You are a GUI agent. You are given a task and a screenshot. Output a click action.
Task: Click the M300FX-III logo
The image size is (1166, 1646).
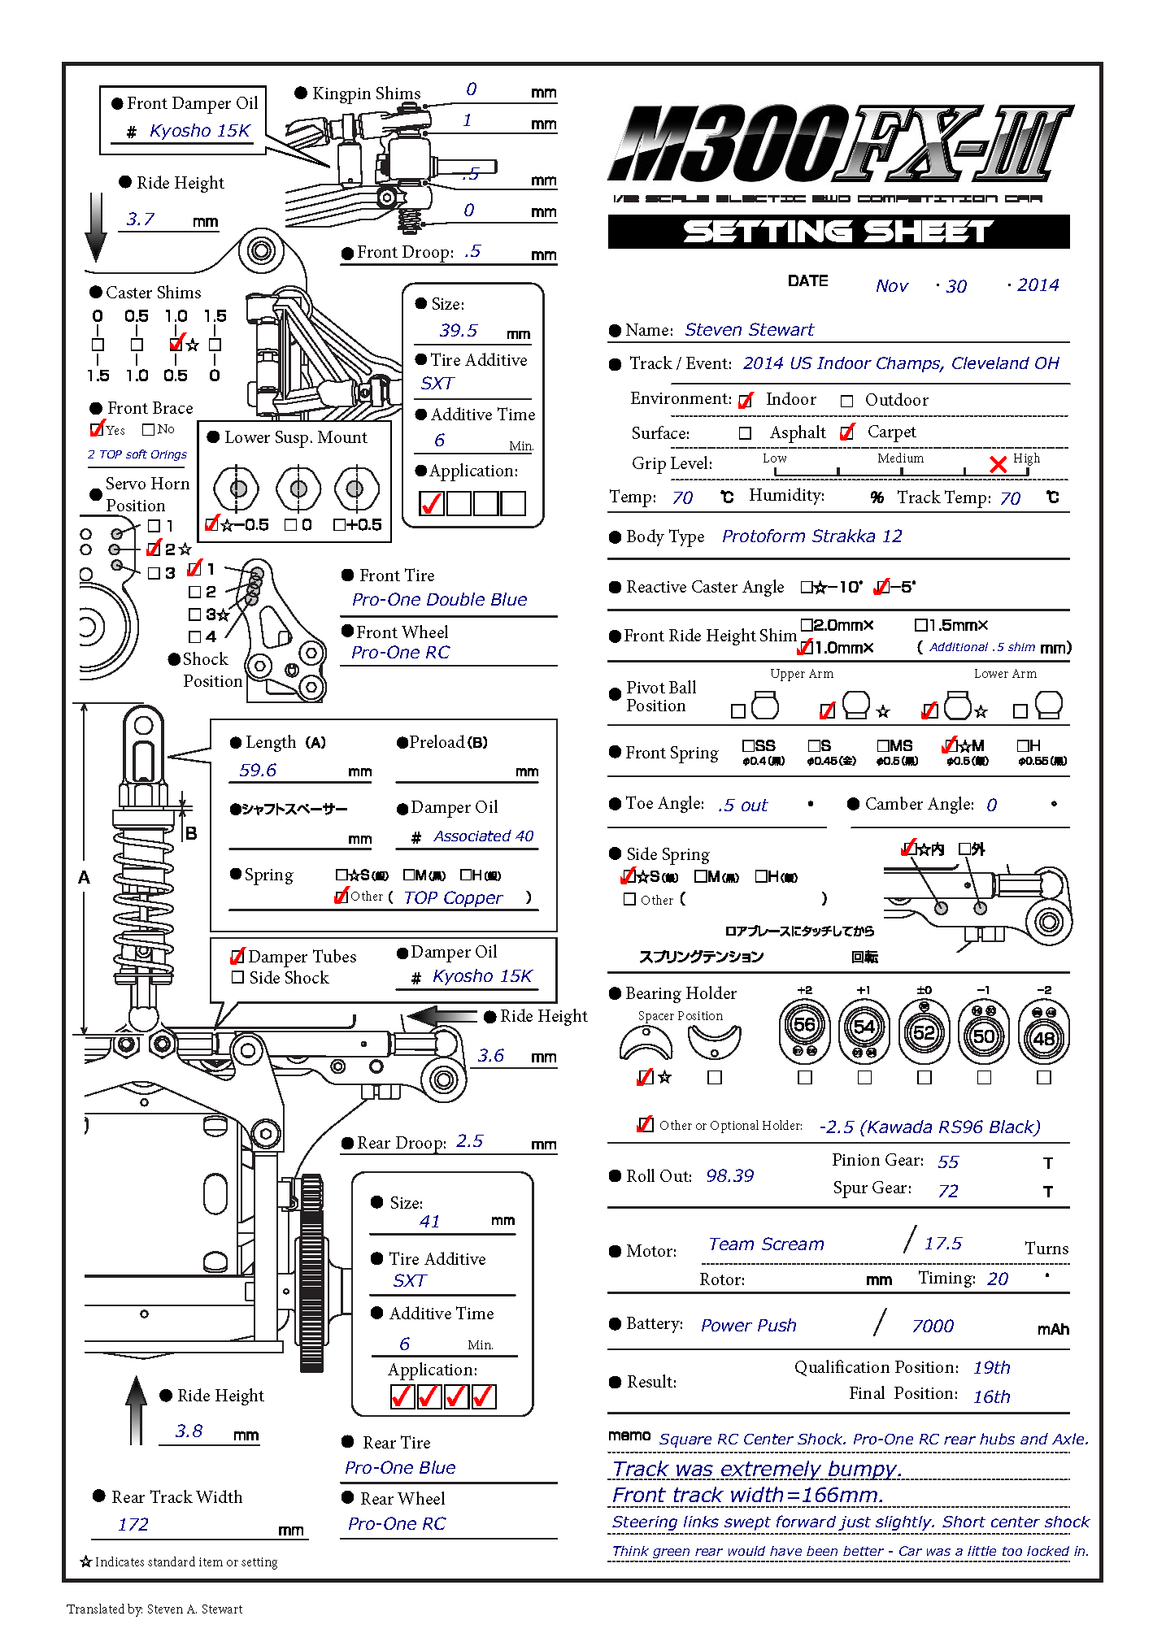point(839,144)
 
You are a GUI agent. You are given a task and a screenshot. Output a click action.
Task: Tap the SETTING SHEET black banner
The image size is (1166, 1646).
point(838,232)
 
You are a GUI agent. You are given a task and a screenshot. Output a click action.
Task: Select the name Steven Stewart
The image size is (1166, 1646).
point(748,329)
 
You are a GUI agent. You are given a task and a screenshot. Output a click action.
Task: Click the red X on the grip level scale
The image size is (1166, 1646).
point(998,464)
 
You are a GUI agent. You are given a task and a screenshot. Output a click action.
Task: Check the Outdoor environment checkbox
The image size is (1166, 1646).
point(846,401)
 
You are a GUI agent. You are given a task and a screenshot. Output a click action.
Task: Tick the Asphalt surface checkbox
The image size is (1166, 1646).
point(745,433)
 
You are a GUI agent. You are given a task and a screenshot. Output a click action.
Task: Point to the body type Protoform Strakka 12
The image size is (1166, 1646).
point(811,536)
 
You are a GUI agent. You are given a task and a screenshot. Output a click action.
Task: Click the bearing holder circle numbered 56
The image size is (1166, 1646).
point(804,1027)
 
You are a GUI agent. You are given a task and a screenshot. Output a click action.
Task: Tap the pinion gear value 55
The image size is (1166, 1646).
point(948,1162)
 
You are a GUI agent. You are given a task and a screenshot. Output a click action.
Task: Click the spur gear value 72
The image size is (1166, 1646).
point(948,1191)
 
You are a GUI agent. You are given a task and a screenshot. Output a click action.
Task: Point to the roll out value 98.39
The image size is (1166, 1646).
point(729,1176)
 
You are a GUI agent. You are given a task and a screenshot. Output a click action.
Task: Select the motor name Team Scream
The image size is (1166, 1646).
point(765,1244)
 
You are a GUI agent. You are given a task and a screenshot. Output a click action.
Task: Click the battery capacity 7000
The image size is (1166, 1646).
point(933,1327)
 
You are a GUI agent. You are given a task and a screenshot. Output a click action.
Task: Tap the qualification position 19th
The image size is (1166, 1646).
point(991,1368)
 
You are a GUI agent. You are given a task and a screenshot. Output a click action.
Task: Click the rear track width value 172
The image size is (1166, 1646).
point(133,1525)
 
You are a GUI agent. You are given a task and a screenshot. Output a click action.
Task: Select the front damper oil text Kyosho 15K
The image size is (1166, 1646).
point(200,131)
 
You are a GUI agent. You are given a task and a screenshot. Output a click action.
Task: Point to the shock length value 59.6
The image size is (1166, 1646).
point(258,770)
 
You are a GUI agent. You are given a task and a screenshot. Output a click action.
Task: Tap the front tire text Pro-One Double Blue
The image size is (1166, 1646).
point(439,600)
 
